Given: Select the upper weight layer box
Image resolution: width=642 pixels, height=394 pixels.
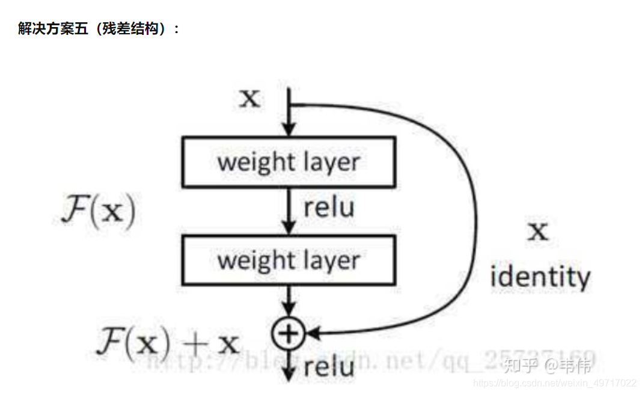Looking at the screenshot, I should (x=289, y=161).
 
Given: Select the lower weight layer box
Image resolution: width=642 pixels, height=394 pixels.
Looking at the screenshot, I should (x=289, y=260).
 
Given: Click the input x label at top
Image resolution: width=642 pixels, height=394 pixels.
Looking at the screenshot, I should (x=250, y=98).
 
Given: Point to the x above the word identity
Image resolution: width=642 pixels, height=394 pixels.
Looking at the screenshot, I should (x=537, y=230).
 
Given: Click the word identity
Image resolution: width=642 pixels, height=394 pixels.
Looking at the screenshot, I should (x=540, y=277).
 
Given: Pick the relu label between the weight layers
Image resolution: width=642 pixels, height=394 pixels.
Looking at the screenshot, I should (x=328, y=208).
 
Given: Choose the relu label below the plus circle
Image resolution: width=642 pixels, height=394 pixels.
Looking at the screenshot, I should (x=328, y=367).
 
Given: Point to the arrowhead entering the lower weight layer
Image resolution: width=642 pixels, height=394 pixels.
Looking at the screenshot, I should (x=289, y=229).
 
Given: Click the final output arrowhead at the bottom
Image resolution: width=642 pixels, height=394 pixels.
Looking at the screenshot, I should (x=289, y=375).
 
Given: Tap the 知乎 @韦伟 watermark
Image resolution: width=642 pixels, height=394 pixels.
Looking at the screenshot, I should (x=547, y=364).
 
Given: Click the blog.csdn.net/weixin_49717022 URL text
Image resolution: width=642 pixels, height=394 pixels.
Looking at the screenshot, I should (x=554, y=383).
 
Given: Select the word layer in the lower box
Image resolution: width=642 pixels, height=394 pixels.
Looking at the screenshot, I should (x=332, y=261).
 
